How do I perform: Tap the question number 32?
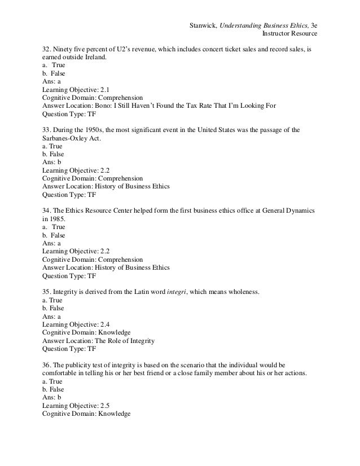46,49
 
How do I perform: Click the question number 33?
46,130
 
